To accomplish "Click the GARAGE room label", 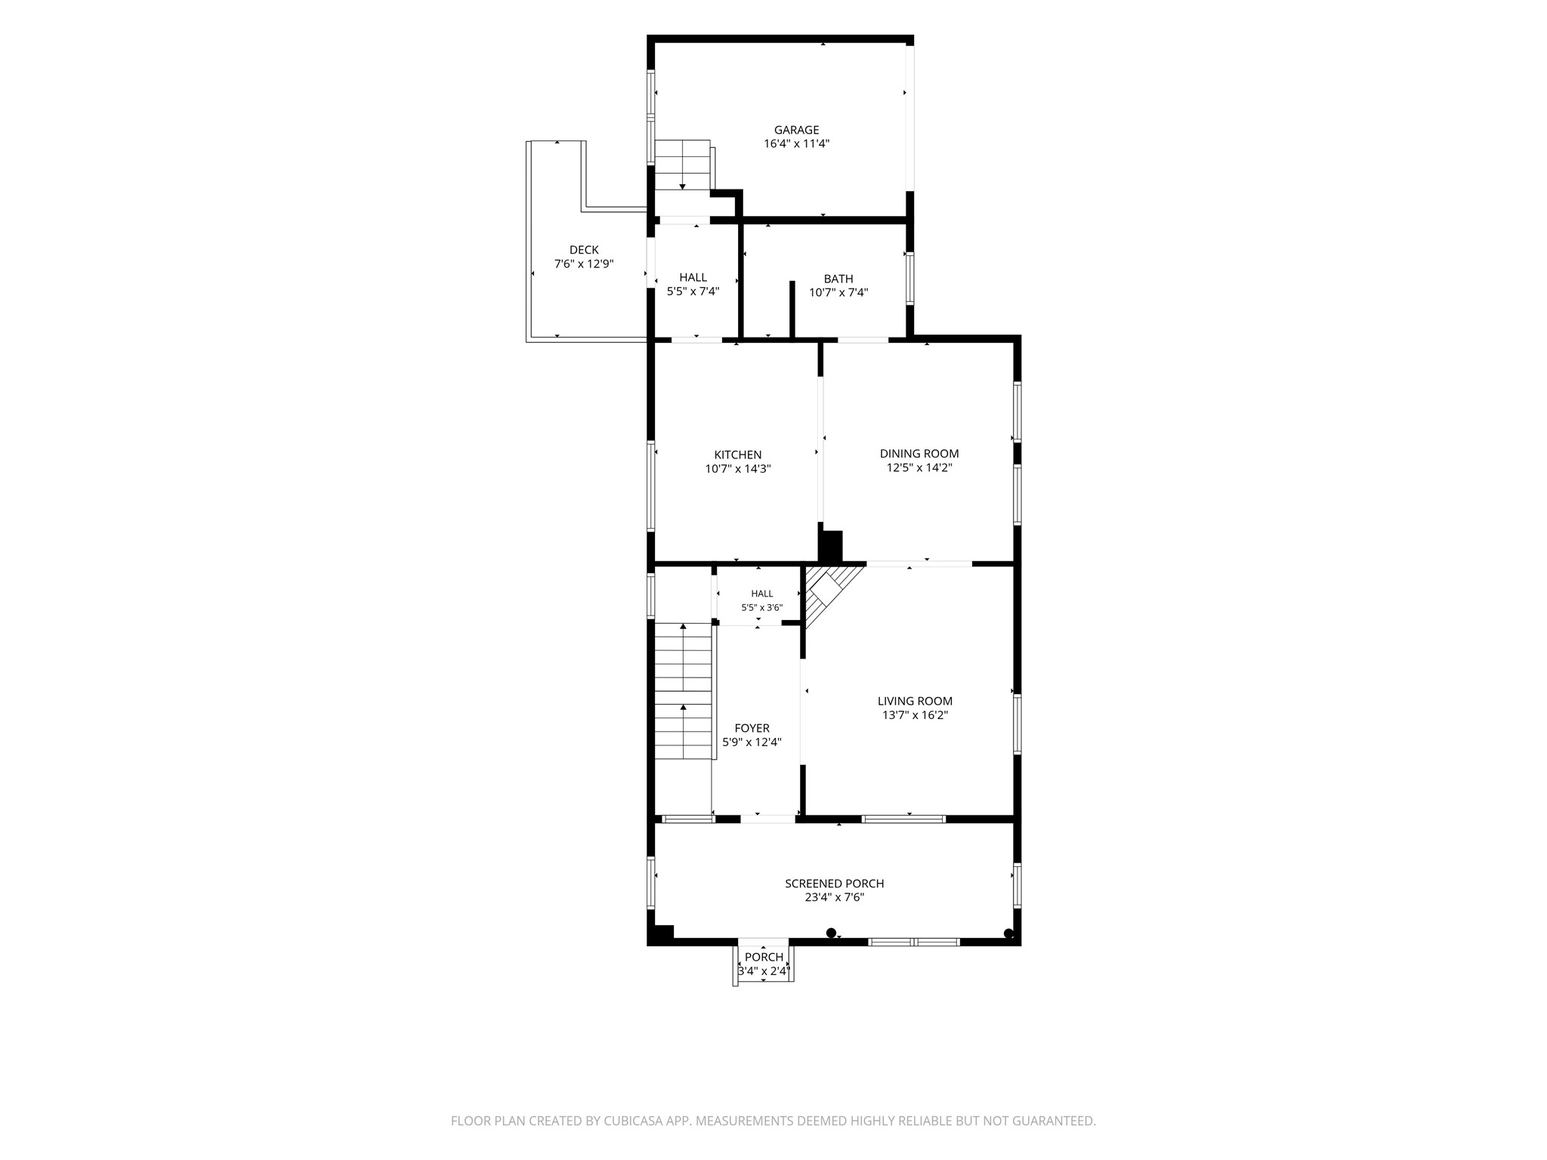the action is click(796, 130).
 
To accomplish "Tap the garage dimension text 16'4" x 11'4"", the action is click(796, 143).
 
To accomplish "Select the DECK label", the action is click(584, 250).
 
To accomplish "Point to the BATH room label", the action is click(838, 279).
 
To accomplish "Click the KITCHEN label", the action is click(738, 455).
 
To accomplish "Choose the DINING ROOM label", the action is click(919, 454).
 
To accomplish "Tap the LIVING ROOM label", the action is click(915, 702).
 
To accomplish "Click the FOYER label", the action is click(752, 729).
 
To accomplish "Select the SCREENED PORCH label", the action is click(834, 884).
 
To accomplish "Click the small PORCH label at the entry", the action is click(764, 958).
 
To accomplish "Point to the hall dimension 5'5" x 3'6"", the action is click(761, 607).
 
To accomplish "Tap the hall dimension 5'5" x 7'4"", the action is click(693, 292).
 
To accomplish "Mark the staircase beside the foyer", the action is click(683, 690).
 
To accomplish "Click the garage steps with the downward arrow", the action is click(683, 165).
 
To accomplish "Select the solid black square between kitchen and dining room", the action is click(831, 546).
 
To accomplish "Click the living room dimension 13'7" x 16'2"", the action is click(915, 715).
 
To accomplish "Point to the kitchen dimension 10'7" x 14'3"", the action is click(738, 469).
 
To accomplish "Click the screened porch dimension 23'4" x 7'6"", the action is click(834, 898).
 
